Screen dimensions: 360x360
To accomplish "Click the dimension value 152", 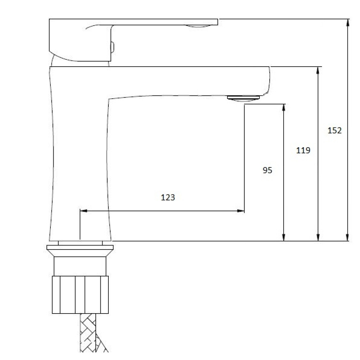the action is tap(334, 130).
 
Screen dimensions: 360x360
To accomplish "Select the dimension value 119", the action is tap(303, 150).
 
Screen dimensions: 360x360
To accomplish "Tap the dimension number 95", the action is tap(267, 170).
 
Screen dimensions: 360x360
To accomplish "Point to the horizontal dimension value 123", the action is tap(168, 197).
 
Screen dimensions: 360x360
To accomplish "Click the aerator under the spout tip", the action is tap(243, 98).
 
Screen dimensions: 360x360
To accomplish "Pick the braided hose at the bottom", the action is tap(91, 333).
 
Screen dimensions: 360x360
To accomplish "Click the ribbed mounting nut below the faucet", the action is tap(80, 295).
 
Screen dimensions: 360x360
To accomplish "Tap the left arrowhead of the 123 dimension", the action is tap(84, 211).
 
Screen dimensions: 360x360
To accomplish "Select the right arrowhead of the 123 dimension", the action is tap(240, 211).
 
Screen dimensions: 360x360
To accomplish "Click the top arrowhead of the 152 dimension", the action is tap(348, 23).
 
